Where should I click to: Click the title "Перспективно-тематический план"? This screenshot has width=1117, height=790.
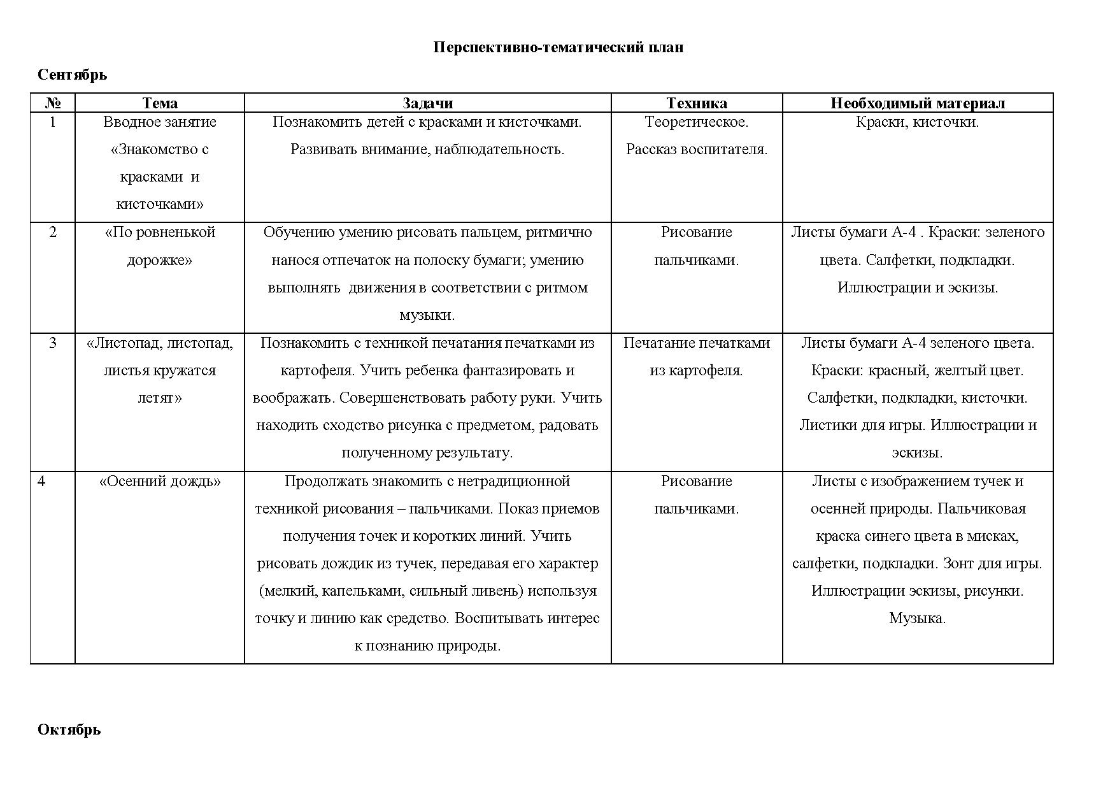(558, 48)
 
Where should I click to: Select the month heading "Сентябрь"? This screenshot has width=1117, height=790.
(72, 75)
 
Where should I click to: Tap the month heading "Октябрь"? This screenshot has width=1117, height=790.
(69, 729)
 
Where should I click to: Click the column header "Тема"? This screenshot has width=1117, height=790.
(159, 103)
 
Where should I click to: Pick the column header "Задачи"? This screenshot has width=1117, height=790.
(427, 103)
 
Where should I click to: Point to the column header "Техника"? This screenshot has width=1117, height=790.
(696, 103)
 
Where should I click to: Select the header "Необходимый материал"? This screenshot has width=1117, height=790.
(917, 103)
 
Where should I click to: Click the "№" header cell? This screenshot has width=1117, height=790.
(53, 103)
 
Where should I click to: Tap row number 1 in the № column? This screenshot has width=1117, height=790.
(53, 122)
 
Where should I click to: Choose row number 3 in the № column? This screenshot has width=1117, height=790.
(53, 343)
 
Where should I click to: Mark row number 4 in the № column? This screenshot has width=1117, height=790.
(41, 482)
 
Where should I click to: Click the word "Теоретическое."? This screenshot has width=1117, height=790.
(696, 122)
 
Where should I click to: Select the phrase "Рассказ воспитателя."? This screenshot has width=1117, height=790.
(696, 150)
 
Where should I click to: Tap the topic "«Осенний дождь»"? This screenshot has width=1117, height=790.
(159, 482)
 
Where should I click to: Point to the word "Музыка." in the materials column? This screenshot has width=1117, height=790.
(917, 619)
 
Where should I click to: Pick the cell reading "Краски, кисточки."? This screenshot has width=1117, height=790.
(917, 122)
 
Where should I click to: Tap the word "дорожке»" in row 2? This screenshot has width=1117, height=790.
(159, 261)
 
